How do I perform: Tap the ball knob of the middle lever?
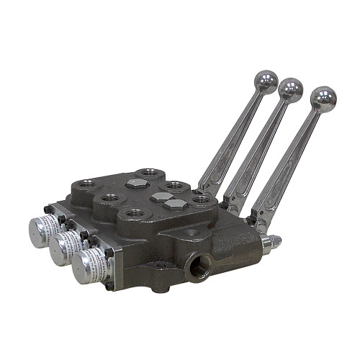click(291, 89)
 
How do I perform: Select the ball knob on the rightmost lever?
click(323, 98)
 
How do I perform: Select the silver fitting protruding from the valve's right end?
click(269, 243)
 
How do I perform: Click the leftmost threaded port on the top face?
click(86, 185)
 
